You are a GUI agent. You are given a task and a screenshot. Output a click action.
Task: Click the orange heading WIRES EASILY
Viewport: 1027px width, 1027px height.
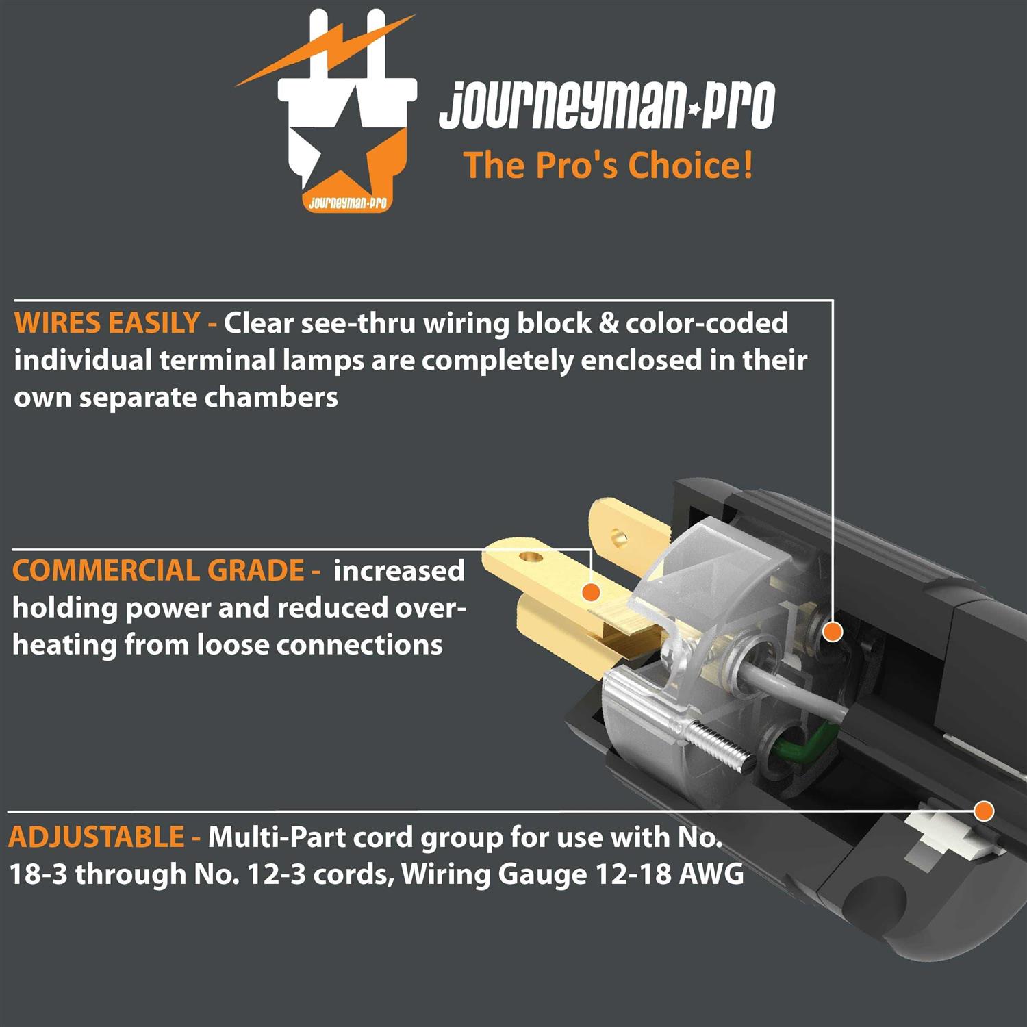tap(107, 323)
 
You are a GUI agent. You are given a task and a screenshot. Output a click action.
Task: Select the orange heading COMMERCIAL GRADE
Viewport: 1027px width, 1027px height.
tap(158, 570)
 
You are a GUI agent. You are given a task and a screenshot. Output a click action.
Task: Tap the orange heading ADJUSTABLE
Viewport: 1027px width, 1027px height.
tap(97, 837)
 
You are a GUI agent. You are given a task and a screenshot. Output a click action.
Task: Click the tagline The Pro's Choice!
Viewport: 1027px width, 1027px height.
tap(608, 166)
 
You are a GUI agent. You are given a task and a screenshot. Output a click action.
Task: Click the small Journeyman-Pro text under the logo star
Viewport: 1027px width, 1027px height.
tap(347, 203)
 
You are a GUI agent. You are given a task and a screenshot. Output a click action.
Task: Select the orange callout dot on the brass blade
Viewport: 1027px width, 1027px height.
tap(590, 592)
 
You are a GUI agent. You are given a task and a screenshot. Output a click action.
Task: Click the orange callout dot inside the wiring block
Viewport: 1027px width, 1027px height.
tap(833, 631)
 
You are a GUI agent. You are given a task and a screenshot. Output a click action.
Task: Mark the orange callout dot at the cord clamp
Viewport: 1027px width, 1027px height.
tap(984, 811)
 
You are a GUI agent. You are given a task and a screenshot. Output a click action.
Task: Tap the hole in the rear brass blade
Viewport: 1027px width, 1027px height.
tap(619, 535)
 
